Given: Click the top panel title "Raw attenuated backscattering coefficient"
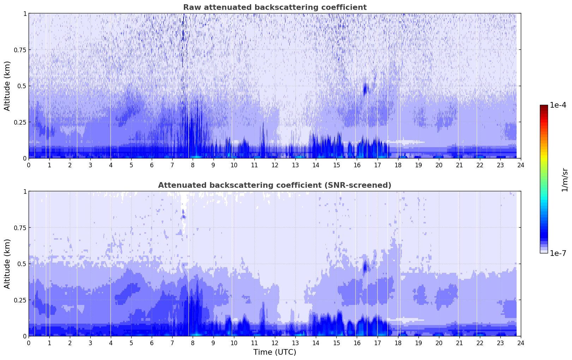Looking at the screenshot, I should coord(275,7).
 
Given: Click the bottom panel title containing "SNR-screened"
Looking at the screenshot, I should coord(275,185).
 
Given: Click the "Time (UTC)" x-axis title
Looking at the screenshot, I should coord(275,352).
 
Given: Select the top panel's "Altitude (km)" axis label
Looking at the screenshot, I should coord(7,86).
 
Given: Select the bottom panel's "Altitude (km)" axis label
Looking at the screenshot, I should coord(7,264).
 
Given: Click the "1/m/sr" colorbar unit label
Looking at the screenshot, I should coord(564,179).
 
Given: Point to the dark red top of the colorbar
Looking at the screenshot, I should coord(543,107).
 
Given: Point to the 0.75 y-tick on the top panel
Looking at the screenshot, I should coord(20,50).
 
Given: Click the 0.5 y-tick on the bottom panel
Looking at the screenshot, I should coord(22,264).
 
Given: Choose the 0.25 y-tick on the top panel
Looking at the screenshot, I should coord(20,122).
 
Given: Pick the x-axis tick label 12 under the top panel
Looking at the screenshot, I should coord(275,165).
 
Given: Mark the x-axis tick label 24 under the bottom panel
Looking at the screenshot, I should coord(520,343).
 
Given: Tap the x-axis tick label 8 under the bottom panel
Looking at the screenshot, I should coord(193,343).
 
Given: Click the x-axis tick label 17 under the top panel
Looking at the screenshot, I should coord(377,165).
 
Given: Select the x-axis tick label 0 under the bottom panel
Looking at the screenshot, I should coord(29,343).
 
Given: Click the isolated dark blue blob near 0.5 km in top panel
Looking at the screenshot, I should coord(365,89).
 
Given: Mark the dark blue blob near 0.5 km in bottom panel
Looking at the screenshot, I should coord(365,266).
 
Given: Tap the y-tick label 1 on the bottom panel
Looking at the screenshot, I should coord(25,192).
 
